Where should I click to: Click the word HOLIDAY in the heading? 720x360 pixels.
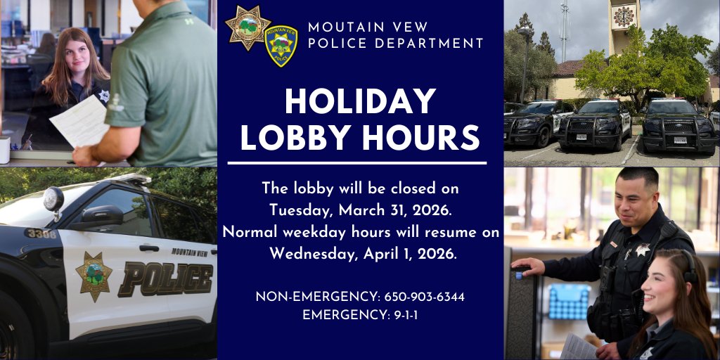pyautogui.click(x=360, y=102)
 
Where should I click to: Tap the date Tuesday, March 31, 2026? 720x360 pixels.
pyautogui.click(x=360, y=210)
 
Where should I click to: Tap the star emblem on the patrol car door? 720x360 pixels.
pyautogui.click(x=94, y=276)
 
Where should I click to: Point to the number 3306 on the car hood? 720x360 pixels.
pyautogui.click(x=41, y=233)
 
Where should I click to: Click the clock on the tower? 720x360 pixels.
pyautogui.click(x=623, y=16)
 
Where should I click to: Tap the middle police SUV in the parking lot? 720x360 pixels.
pyautogui.click(x=594, y=124)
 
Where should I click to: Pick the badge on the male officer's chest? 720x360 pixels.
pyautogui.click(x=642, y=250)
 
